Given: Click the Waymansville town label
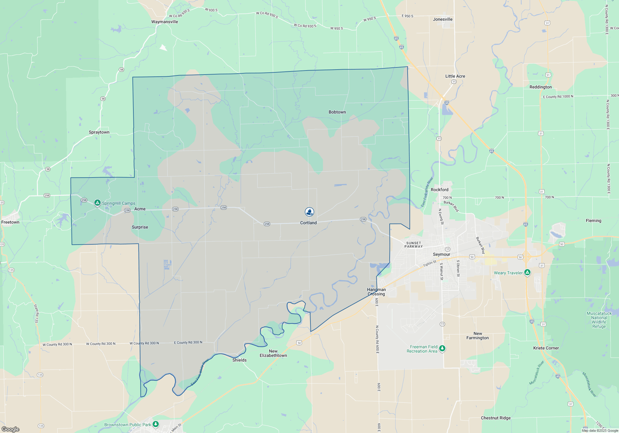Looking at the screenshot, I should pyautogui.click(x=165, y=22).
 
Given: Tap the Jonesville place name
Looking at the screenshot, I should pyautogui.click(x=443, y=19).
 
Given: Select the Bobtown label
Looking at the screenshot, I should pyautogui.click(x=337, y=112).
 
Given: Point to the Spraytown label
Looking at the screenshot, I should pyautogui.click(x=99, y=132).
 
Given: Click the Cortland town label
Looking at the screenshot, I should pyautogui.click(x=308, y=223).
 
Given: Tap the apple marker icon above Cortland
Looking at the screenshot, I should pyautogui.click(x=309, y=212).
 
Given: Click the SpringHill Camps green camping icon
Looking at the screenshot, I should pyautogui.click(x=97, y=203).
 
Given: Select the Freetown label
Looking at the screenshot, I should pyautogui.click(x=10, y=222).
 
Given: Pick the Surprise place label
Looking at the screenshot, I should pyautogui.click(x=140, y=227).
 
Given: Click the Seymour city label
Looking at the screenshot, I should pyautogui.click(x=441, y=254).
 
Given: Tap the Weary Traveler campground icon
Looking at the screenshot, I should pyautogui.click(x=527, y=272).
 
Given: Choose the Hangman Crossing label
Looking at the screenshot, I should pyautogui.click(x=376, y=292).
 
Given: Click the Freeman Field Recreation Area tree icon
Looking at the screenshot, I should pyautogui.click(x=442, y=348).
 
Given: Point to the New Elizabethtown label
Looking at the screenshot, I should pyautogui.click(x=273, y=353).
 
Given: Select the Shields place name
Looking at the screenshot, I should pyautogui.click(x=240, y=360).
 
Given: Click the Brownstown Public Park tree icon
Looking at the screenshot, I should pyautogui.click(x=156, y=424).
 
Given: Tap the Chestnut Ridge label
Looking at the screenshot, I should pyautogui.click(x=496, y=418).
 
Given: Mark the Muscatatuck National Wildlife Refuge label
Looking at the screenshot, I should pyautogui.click(x=599, y=320).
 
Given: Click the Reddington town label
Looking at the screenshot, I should pyautogui.click(x=540, y=87).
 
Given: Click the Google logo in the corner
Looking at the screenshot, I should pyautogui.click(x=11, y=429).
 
